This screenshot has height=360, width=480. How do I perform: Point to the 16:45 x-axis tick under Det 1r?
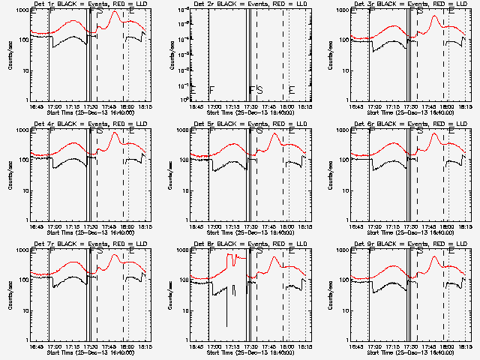35,106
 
